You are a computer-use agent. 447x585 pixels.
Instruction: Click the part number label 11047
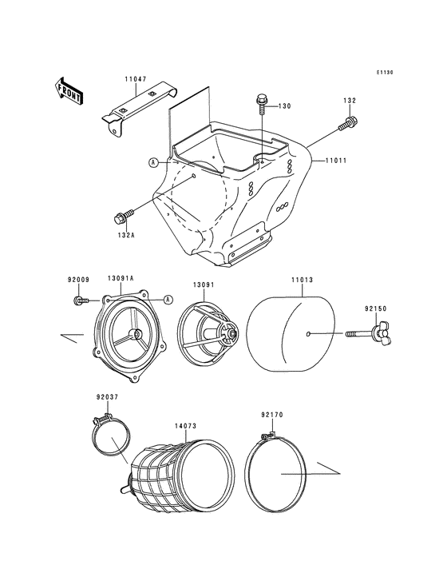[x=135, y=80]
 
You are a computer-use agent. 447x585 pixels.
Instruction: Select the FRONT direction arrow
[x=69, y=90]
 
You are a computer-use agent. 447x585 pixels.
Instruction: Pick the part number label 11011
[x=335, y=161]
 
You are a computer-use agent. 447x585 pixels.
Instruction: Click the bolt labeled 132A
[x=124, y=216]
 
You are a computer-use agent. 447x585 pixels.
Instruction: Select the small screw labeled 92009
[x=79, y=300]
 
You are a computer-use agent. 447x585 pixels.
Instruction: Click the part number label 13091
[x=203, y=285]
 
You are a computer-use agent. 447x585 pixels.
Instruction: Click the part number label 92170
[x=271, y=415]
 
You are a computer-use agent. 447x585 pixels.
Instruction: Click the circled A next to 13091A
[x=168, y=300]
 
